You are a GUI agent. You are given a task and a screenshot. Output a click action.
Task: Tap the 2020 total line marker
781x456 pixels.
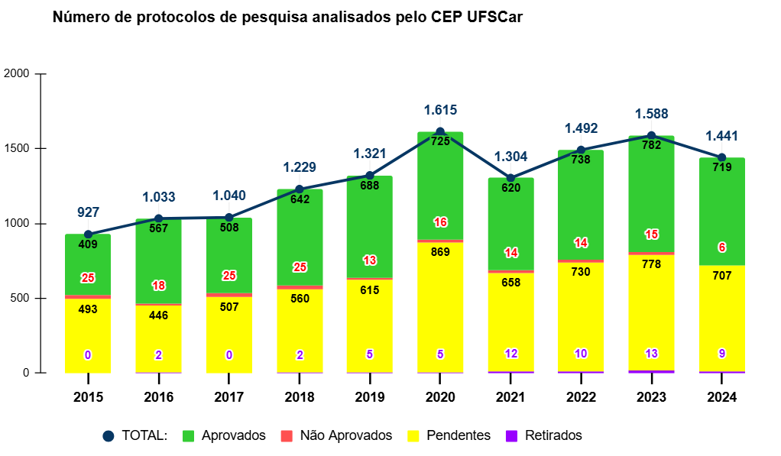[x=440, y=132]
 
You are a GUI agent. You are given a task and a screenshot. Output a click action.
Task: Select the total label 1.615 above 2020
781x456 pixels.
[x=440, y=110]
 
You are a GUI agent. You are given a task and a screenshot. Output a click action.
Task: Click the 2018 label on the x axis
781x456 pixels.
[x=300, y=397]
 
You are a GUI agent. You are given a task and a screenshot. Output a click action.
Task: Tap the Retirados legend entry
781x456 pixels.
[x=543, y=435]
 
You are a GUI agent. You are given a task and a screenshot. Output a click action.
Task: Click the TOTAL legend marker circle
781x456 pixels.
[x=109, y=435]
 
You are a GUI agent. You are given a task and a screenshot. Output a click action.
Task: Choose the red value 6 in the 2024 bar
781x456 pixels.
[x=722, y=247]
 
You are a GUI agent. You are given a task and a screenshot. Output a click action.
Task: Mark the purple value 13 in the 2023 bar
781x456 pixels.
[x=651, y=354]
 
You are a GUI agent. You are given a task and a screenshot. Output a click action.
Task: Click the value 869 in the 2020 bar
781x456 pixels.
[x=440, y=252]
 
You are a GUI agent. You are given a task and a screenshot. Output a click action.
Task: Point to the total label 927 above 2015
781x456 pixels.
[x=88, y=212]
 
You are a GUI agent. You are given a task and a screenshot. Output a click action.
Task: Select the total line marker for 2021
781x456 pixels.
[x=510, y=178]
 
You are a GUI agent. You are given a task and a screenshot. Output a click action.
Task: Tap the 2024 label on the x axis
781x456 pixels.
[x=722, y=397]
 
